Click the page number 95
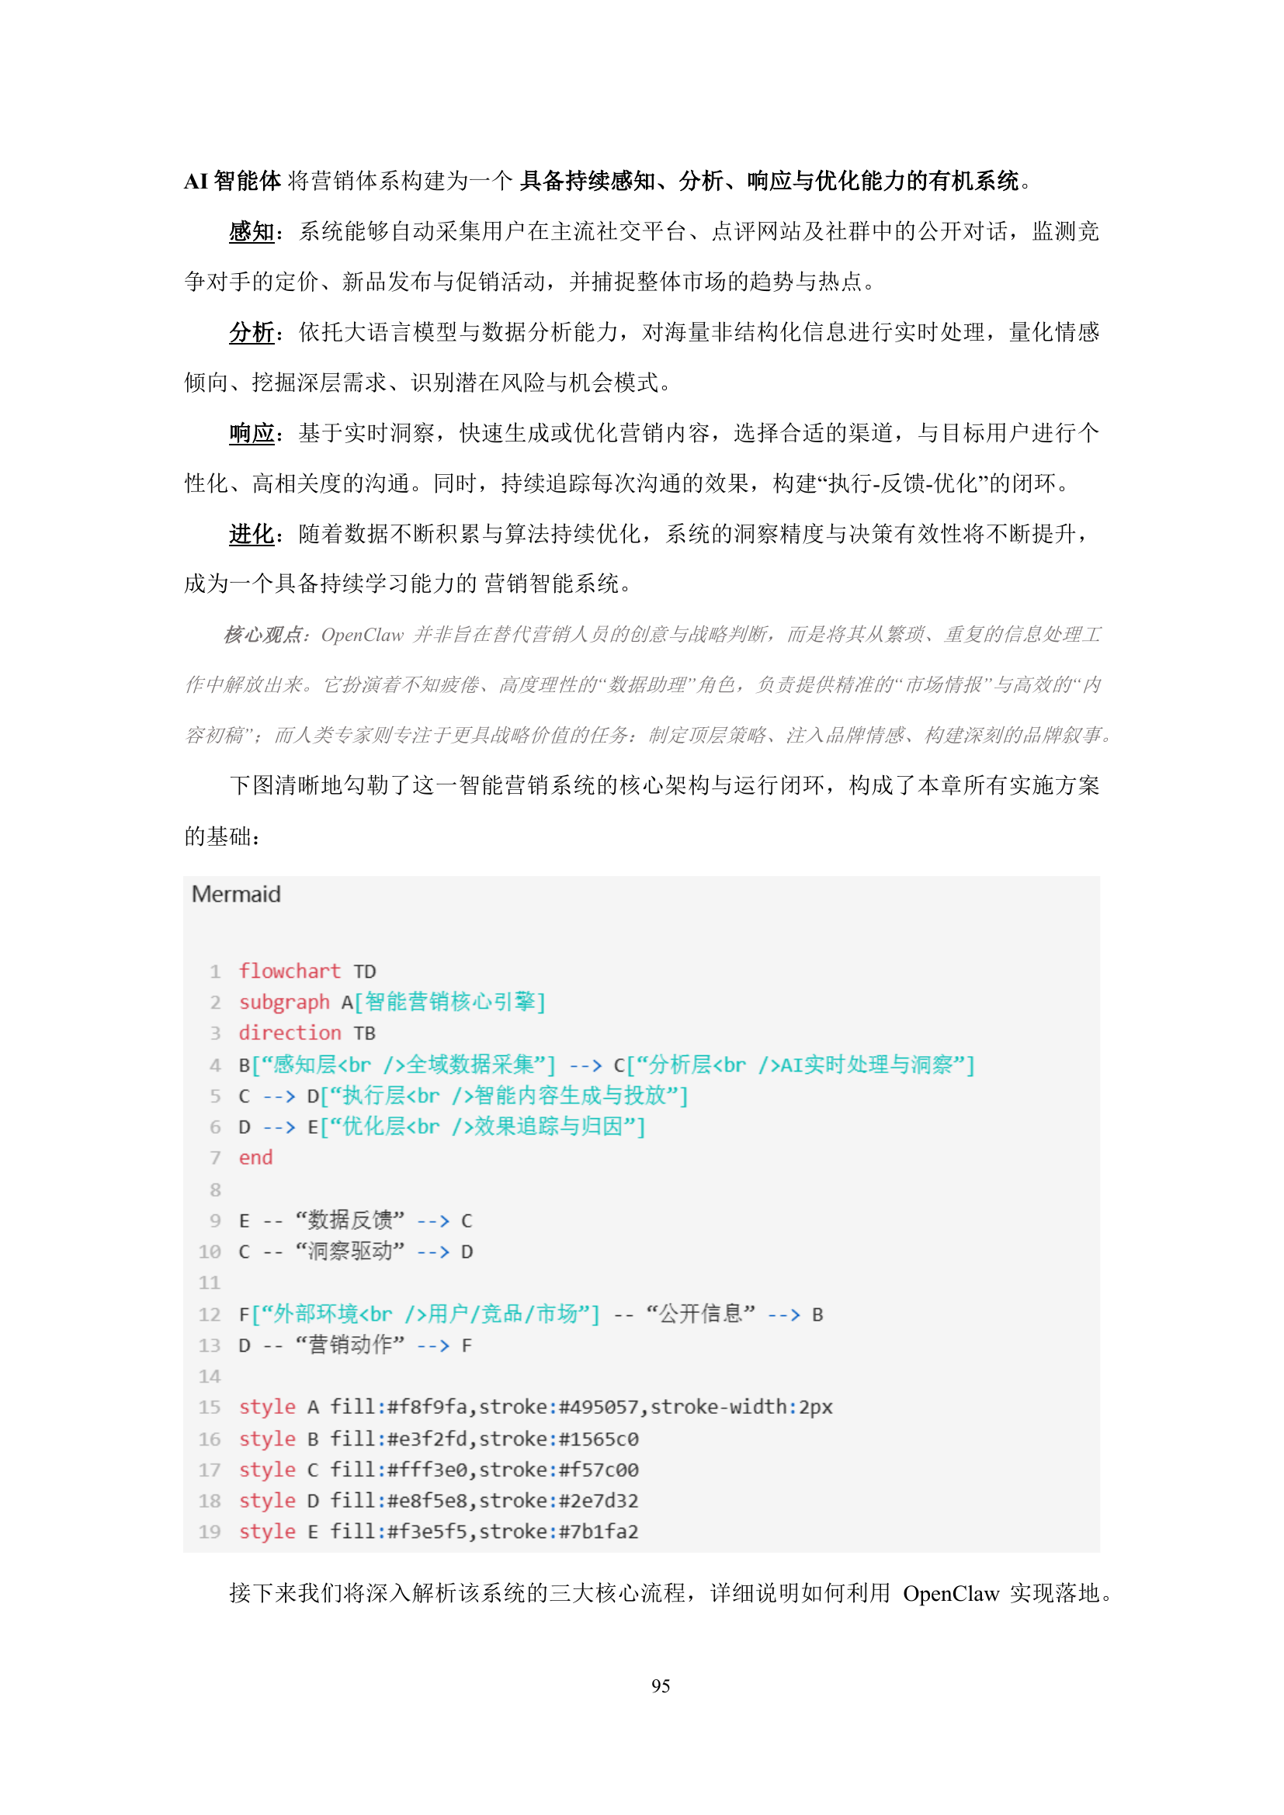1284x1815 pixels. [x=660, y=1686]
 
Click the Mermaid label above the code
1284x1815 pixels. [x=236, y=894]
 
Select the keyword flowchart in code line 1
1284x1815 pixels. [x=290, y=971]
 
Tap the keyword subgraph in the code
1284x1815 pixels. [x=284, y=1002]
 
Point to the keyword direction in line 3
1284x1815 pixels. [x=290, y=1032]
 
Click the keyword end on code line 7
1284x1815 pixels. [x=255, y=1157]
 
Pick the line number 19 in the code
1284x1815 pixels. [x=210, y=1531]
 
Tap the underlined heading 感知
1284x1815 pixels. [x=252, y=231]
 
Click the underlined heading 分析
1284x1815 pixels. [x=252, y=332]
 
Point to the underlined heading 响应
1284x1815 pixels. [x=252, y=433]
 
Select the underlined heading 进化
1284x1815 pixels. [x=252, y=535]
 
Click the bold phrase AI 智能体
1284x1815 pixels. [x=232, y=182]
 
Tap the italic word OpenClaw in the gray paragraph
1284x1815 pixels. [x=362, y=635]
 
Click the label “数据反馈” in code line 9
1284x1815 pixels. [x=349, y=1220]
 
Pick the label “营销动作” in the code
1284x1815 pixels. [x=349, y=1345]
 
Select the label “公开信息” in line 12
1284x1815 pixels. [x=700, y=1314]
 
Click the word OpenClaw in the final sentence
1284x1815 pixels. [x=950, y=1593]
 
